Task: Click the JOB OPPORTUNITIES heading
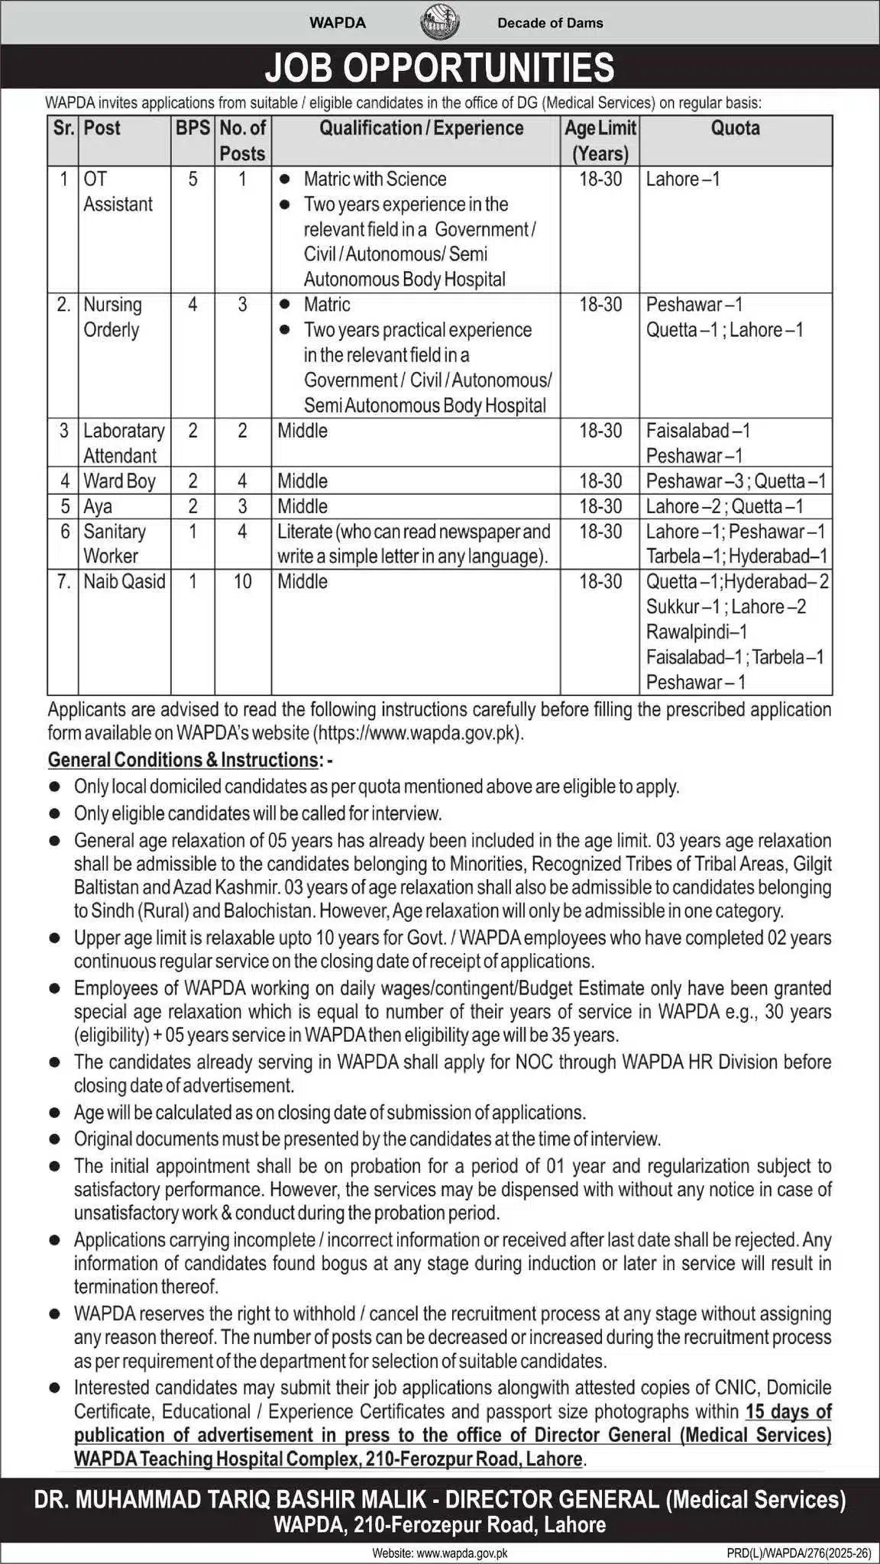click(x=439, y=67)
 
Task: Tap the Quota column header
click(x=735, y=128)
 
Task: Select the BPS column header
click(x=192, y=128)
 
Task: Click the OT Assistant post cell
click(x=118, y=192)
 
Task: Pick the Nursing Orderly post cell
click(x=112, y=317)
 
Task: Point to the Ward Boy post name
click(x=119, y=481)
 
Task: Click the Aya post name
click(x=98, y=506)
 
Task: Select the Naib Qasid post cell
click(x=124, y=581)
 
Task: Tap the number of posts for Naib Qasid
click(x=242, y=581)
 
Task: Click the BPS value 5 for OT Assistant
click(x=192, y=179)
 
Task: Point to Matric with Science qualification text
click(x=374, y=179)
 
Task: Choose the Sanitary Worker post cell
click(x=115, y=544)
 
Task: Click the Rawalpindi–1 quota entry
click(x=697, y=632)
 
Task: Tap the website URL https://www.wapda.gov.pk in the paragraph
click(x=418, y=733)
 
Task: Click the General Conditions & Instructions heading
click(x=183, y=760)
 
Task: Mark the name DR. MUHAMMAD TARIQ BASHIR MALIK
click(x=235, y=1500)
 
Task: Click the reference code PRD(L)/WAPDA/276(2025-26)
click(x=799, y=1553)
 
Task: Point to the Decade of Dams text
click(x=550, y=23)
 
